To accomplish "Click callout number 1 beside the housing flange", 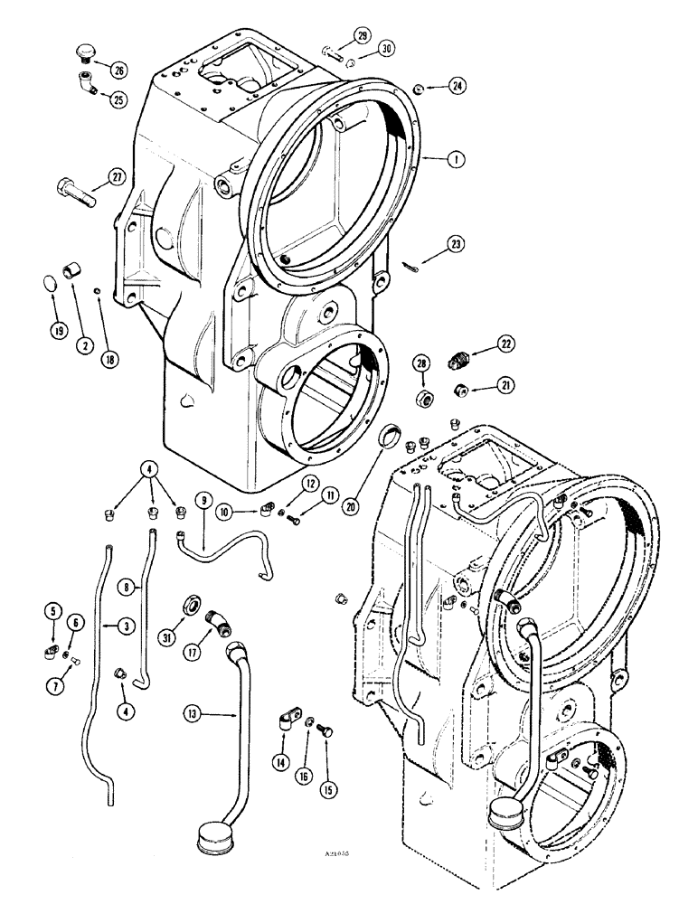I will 459,158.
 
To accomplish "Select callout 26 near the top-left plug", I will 118,69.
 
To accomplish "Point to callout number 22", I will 503,343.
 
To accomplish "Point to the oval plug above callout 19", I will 51,286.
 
